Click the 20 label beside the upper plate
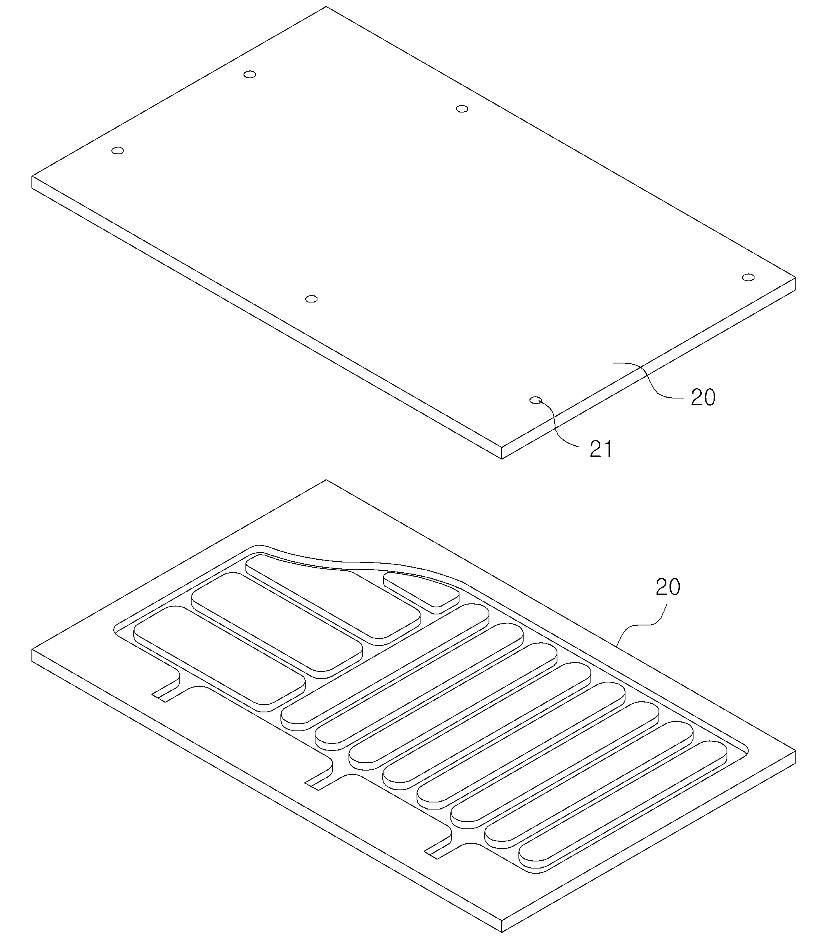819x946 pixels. [703, 398]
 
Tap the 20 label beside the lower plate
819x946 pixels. [668, 587]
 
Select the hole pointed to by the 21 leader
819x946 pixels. [536, 400]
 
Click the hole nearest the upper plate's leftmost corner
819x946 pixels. [118, 150]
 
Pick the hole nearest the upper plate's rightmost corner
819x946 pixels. [748, 277]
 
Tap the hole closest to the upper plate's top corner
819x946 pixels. [249, 74]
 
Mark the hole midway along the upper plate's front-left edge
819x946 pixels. [311, 299]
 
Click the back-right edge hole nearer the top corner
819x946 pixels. [462, 108]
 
